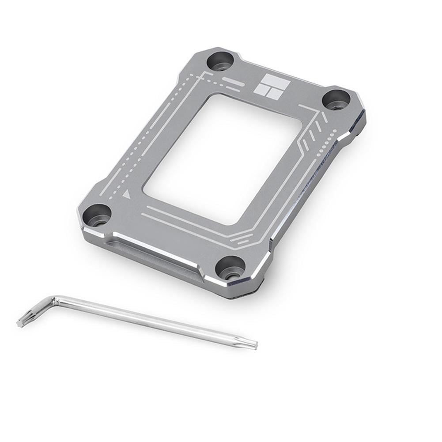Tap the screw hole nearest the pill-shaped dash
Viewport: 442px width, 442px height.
click(x=219, y=61)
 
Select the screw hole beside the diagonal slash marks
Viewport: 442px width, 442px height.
click(x=336, y=100)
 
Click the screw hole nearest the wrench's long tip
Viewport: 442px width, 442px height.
click(x=230, y=268)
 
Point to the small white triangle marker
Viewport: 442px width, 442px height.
click(x=128, y=193)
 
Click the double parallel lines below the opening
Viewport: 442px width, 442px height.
click(x=190, y=221)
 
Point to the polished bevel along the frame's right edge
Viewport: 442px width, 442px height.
click(x=318, y=185)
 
